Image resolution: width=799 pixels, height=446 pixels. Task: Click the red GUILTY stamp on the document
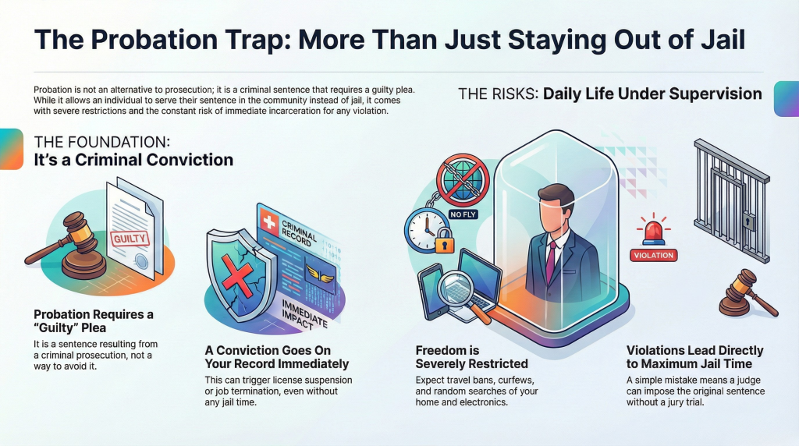pos(130,239)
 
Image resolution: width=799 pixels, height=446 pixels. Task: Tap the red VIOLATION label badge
pos(654,255)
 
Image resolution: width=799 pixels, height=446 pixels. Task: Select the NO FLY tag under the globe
pos(463,214)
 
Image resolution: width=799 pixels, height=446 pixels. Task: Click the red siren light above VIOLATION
pos(654,232)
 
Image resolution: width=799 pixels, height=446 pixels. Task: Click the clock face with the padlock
pos(425,229)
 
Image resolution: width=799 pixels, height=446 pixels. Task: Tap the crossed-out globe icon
pos(463,179)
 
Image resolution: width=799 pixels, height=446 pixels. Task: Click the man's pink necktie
pos(551,261)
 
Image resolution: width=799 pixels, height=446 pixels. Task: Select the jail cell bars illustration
pos(732,199)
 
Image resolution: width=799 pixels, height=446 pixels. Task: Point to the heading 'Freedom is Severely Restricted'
pos(471,357)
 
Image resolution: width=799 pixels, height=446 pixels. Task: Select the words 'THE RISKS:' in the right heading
pos(498,94)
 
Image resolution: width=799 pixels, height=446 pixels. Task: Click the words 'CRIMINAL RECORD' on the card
pos(298,232)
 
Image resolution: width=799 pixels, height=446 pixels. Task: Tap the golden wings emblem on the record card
pos(320,275)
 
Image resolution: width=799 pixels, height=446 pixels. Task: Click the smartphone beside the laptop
pos(431,291)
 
